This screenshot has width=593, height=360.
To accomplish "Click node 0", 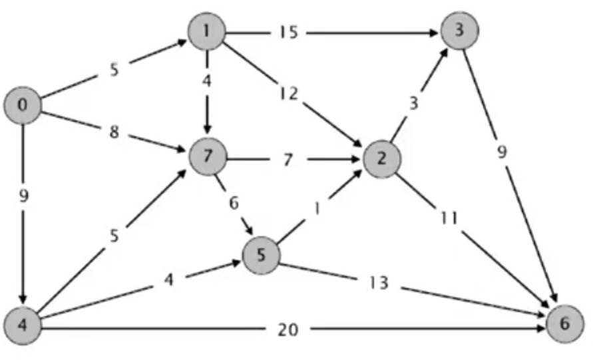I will point(23,106).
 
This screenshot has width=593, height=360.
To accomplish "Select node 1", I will point(207,31).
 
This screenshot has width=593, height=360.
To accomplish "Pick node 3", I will point(459,30).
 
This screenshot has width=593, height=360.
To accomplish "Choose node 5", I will point(262,256).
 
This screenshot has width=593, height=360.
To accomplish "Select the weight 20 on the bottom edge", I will point(288,329).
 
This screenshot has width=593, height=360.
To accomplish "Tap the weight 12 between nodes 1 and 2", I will point(289,94).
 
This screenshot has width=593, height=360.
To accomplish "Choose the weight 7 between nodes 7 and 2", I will point(288,160).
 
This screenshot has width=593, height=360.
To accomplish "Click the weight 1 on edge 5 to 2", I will point(317,208).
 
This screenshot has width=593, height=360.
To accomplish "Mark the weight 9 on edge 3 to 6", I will point(502,153).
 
